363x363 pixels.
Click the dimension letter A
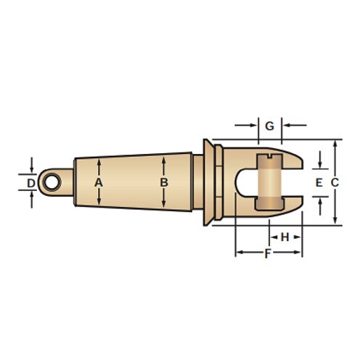coord(99,183)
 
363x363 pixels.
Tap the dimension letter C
coord(335,183)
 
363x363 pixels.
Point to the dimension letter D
coord(30,183)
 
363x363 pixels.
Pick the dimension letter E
coord(319,183)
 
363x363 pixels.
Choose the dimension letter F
coord(268,253)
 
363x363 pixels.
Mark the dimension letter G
coord(269,126)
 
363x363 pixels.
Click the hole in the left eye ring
coord(49,182)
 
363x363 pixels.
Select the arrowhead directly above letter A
coord(99,164)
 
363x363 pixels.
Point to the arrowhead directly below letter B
coord(164,203)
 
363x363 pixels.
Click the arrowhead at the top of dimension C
coord(335,144)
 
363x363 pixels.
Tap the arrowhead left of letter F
coord(239,253)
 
